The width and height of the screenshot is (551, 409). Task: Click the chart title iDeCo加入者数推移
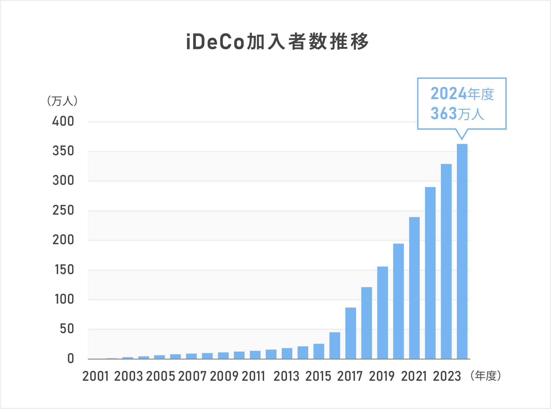point(277,42)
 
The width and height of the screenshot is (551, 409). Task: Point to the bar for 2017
point(351,333)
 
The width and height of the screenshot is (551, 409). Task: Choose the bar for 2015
point(319,351)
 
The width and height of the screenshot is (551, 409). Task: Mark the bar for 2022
point(430,272)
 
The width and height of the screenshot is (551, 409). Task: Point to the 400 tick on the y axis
point(63,121)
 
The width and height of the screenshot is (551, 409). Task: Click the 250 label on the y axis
point(63,210)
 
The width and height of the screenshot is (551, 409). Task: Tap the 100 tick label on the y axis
point(64,299)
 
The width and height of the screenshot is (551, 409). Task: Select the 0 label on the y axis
point(71,359)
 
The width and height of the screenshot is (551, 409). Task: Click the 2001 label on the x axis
point(95,376)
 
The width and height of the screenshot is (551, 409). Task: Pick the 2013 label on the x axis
point(287,376)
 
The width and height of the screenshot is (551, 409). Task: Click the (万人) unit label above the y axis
point(62,101)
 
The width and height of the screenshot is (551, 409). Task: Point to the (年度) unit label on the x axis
point(486,376)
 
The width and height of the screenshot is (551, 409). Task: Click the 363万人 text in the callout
point(457,114)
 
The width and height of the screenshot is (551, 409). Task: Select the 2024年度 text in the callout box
point(462,94)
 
